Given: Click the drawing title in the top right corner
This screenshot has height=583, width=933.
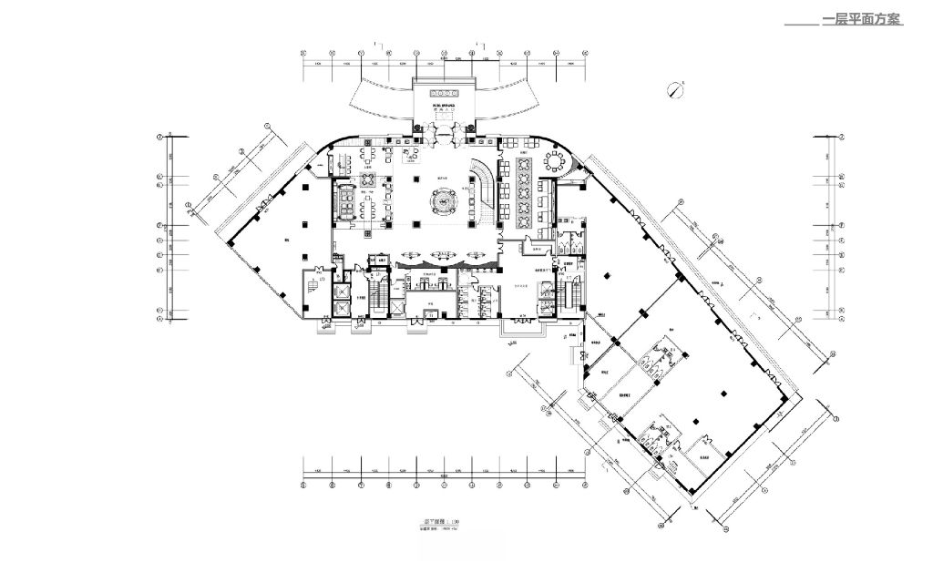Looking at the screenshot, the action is tap(862, 19).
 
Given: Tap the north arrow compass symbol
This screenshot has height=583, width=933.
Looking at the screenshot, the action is tap(675, 88).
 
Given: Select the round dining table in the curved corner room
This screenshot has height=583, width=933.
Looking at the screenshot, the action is tap(555, 161).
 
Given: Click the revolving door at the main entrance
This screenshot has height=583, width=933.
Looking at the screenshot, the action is tap(445, 134).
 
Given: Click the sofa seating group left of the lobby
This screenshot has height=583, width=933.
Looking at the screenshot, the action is tap(347, 200).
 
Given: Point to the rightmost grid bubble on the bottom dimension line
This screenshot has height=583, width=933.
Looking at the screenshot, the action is tap(584, 485).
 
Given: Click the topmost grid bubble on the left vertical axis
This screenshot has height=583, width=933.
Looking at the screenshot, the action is tap(159, 137).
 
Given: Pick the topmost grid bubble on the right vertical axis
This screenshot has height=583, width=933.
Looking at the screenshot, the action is tap(843, 137).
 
